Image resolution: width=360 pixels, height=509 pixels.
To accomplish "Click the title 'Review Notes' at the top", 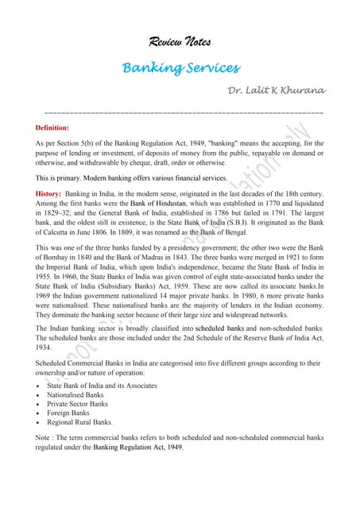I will coord(180,41).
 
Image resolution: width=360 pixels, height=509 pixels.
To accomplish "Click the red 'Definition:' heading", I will coord(52,127).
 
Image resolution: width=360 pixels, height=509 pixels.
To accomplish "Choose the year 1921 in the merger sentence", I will coord(291,258).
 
